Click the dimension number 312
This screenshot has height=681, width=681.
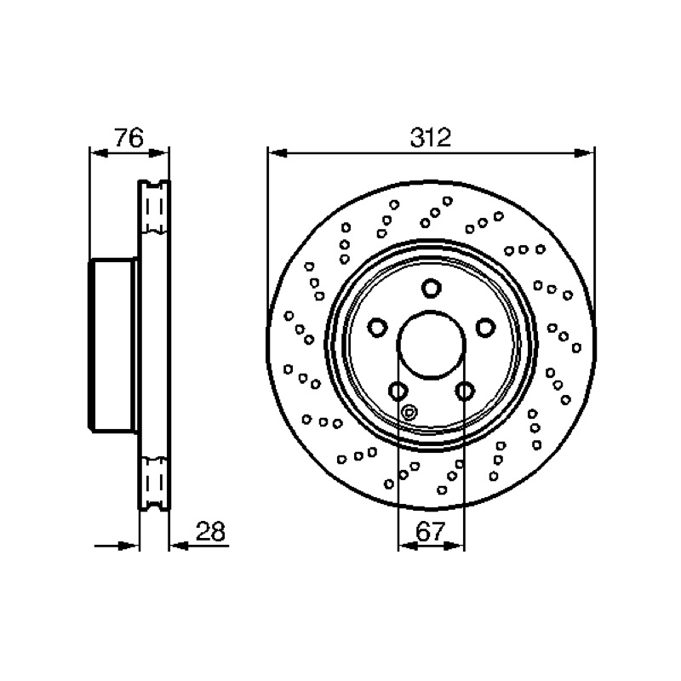[431, 137]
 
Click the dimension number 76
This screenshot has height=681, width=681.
[129, 138]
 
